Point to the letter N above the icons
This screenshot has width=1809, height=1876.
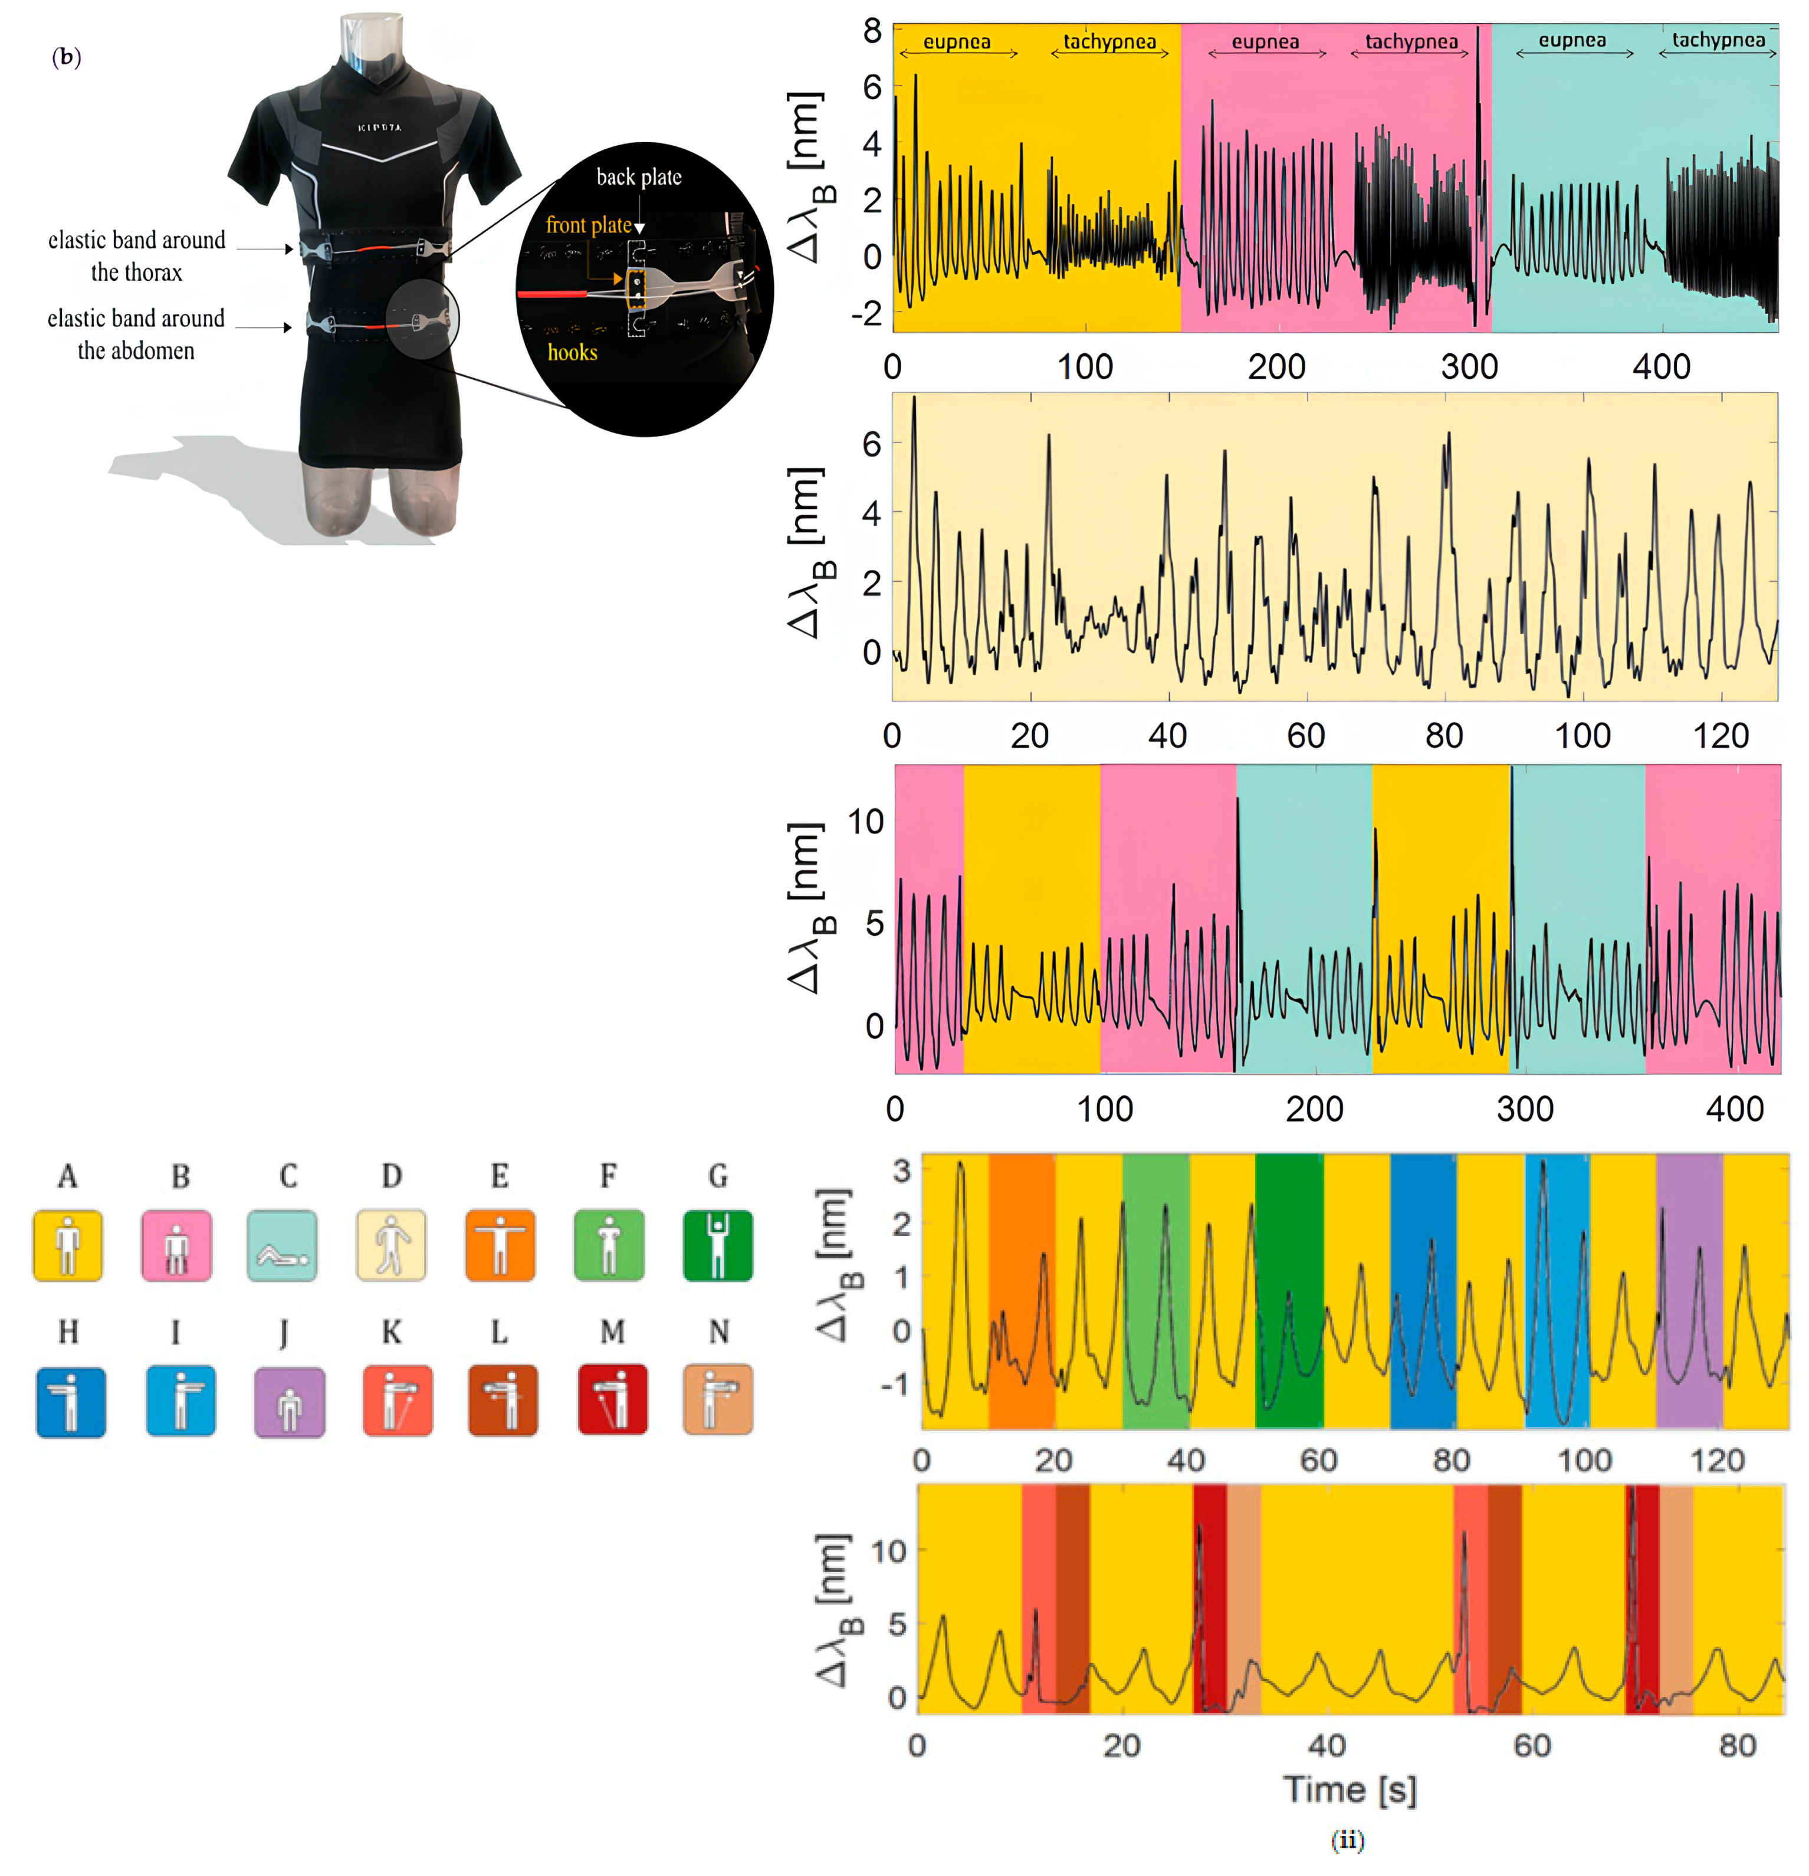(719, 1331)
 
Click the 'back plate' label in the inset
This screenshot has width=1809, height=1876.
(638, 177)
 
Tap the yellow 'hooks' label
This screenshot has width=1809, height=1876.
(572, 352)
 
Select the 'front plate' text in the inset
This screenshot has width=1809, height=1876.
(589, 225)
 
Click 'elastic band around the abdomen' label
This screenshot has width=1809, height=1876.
(136, 334)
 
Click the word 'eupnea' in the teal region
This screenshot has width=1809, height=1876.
(1572, 40)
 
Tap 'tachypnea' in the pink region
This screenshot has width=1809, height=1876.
(1411, 42)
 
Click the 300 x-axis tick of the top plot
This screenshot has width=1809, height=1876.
(1469, 366)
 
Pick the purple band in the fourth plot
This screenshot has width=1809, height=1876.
(1689, 1291)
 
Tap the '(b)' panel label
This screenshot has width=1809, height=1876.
(66, 57)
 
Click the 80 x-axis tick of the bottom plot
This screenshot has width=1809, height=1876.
(1736, 1745)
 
